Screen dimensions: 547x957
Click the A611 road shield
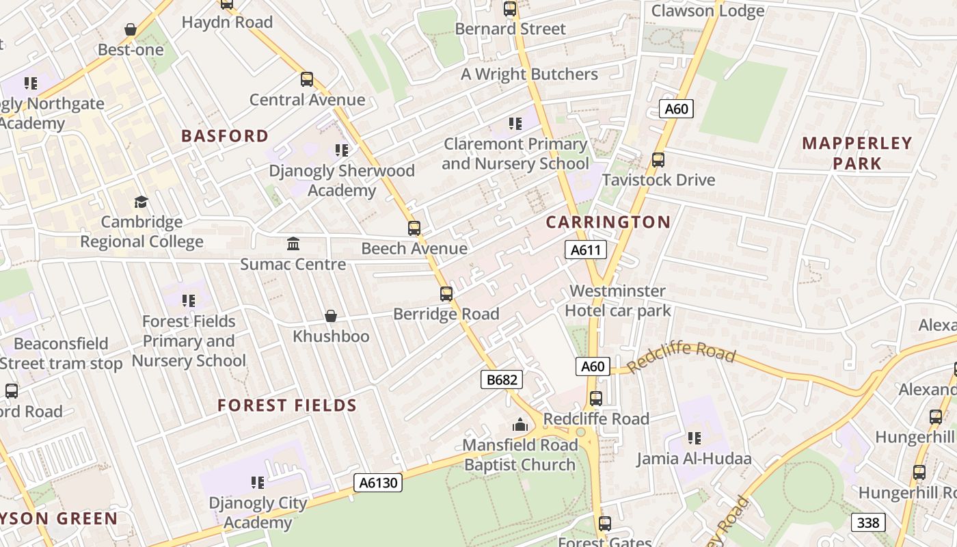coord(586,250)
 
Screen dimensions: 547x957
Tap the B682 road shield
coord(501,380)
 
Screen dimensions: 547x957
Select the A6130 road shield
coord(378,483)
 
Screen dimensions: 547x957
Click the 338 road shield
coord(868,523)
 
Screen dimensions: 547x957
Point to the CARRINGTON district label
coord(608,222)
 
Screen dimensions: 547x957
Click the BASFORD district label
coord(225,135)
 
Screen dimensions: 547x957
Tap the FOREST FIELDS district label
coord(287,405)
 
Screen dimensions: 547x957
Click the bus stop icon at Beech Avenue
coord(414,228)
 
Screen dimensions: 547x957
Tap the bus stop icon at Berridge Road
coord(446,294)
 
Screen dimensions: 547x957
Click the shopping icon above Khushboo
coord(331,316)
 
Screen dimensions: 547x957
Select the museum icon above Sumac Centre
coord(293,243)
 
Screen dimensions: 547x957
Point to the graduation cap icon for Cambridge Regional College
coord(141,202)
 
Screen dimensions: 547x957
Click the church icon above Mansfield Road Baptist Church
coord(520,425)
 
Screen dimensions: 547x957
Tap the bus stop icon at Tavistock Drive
coord(658,160)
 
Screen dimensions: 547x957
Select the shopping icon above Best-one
coord(131,29)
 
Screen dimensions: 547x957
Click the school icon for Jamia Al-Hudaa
coord(695,438)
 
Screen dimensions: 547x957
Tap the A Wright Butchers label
coord(529,74)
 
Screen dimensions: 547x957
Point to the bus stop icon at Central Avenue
coord(307,79)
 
